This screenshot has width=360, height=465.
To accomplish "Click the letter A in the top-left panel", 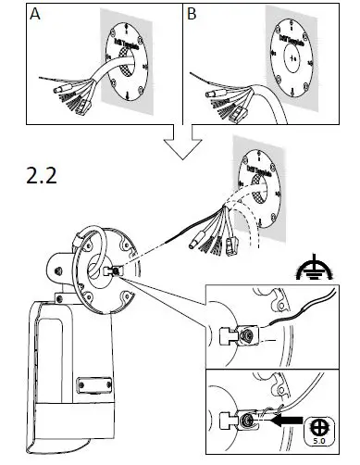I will coord(35,16).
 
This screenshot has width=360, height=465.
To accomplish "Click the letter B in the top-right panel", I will coord(192,16).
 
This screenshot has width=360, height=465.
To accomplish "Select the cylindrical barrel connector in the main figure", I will coord(195,239).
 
